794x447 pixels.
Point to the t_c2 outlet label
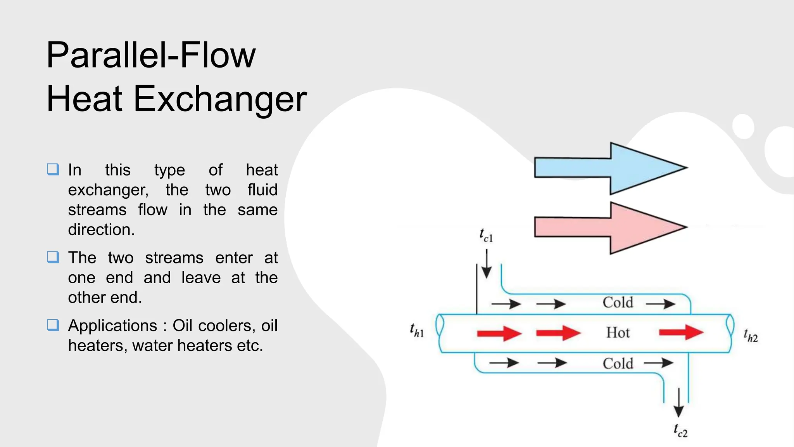[680, 431]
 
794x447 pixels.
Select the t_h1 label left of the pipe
[417, 331]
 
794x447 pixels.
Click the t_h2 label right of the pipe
[751, 335]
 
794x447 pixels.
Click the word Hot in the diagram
[618, 333]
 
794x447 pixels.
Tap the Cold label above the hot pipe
[618, 303]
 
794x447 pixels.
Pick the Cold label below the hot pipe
[618, 364]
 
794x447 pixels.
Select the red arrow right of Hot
[681, 332]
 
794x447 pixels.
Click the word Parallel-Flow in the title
[151, 55]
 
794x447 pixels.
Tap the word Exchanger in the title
[220, 99]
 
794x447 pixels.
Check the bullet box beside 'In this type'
[53, 169]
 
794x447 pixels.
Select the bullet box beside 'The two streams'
[53, 257]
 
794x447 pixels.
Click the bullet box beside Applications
[53, 325]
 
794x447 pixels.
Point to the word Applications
[112, 326]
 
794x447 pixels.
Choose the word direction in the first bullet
[101, 230]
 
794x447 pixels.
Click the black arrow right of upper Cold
[661, 303]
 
